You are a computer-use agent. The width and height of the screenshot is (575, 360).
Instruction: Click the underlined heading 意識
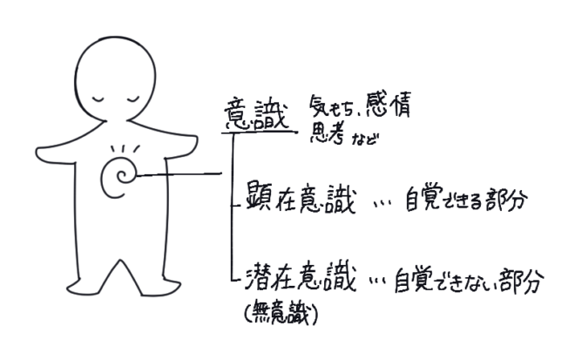pos(256,114)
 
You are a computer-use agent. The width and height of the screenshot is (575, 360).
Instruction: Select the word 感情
pos(389,105)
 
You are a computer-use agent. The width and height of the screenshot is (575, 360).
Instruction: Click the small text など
pos(364,139)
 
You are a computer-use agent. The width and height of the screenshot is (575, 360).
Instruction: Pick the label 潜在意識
pos(301,277)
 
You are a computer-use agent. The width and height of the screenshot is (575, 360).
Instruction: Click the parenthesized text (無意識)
pos(281,314)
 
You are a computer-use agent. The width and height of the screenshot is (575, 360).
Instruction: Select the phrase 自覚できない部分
pos(470,281)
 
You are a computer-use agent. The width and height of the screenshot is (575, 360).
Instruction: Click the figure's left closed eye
pos(99,99)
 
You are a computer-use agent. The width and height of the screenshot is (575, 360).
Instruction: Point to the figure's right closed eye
pos(132,99)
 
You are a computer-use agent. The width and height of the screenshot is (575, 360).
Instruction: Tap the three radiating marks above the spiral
pos(125,149)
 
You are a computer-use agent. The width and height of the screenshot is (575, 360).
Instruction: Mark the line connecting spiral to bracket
pos(179,174)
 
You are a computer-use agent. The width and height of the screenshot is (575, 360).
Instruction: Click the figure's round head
pos(115,79)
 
